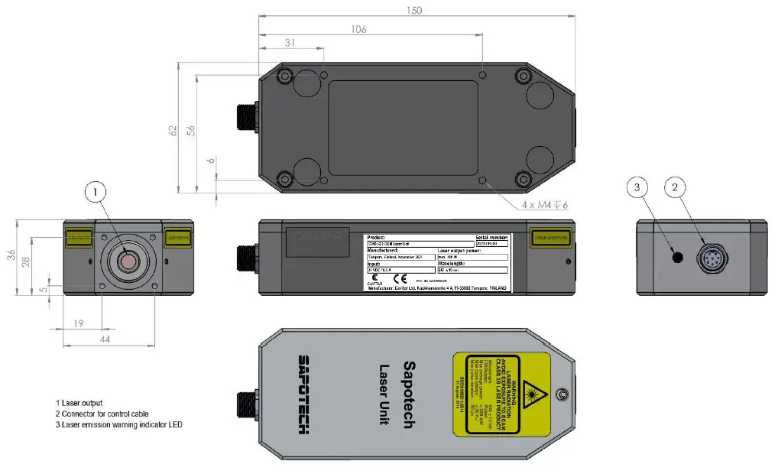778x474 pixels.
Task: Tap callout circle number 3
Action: (x=640, y=186)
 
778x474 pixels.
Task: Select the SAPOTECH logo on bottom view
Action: (x=303, y=394)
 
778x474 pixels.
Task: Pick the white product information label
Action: (x=438, y=262)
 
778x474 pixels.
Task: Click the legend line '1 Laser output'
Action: (x=79, y=403)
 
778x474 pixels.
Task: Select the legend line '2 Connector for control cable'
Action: (x=102, y=414)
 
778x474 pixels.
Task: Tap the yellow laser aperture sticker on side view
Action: (x=551, y=239)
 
